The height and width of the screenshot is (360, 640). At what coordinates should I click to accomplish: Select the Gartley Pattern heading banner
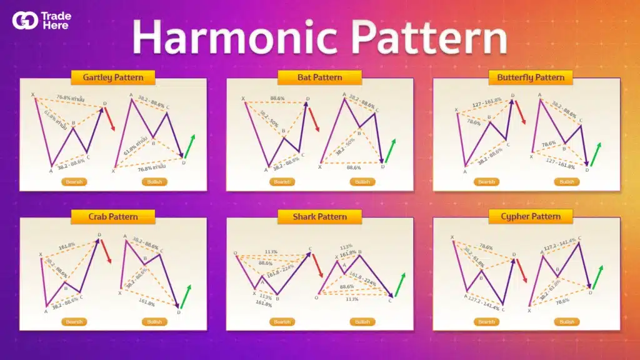click(113, 78)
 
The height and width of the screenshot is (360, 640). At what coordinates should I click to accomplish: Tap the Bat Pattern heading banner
click(319, 77)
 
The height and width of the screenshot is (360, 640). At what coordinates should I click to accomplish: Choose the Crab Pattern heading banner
click(113, 216)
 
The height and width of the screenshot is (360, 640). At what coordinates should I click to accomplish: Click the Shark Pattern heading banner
click(319, 216)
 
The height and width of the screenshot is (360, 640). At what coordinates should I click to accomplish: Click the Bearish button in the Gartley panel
click(74, 182)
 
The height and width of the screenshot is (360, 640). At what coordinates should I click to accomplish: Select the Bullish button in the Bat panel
click(362, 182)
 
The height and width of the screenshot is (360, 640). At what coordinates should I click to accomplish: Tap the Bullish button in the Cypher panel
click(567, 322)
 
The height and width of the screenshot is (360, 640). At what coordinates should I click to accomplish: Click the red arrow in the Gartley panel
click(110, 119)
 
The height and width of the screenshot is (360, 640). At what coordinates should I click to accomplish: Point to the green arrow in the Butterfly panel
click(596, 154)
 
